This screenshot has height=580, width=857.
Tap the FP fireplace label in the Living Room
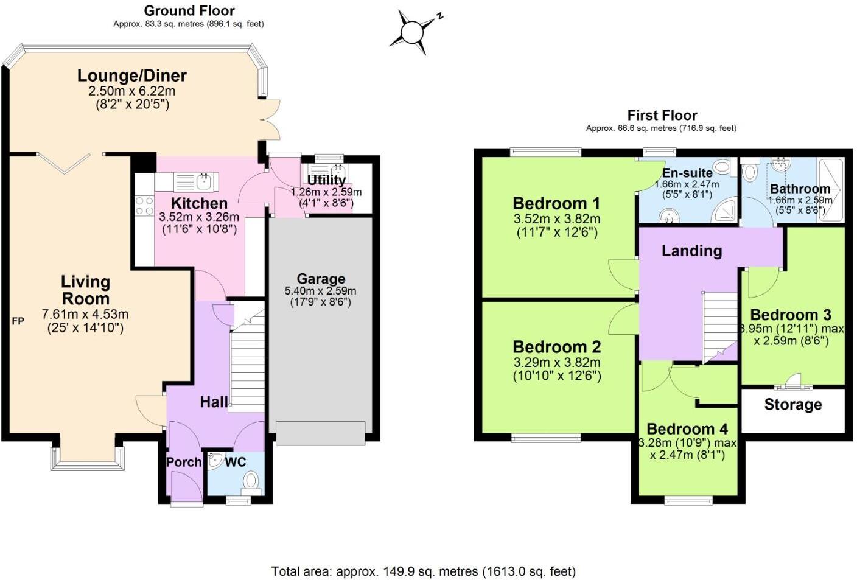pyautogui.click(x=18, y=321)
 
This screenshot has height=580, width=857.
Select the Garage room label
pyautogui.click(x=321, y=279)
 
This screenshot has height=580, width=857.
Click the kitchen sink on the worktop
pyautogui.click(x=203, y=181)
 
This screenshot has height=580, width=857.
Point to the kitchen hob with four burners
pyautogui.click(x=144, y=205)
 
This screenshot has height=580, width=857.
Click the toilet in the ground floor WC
pyautogui.click(x=251, y=483)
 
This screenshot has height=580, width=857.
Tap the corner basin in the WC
pyautogui.click(x=214, y=461)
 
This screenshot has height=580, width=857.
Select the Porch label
pyautogui.click(x=183, y=462)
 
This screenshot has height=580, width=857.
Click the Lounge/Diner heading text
pyautogui.click(x=131, y=75)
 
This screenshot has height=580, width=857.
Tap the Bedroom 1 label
pyautogui.click(x=556, y=203)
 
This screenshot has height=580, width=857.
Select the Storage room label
pyautogui.click(x=792, y=405)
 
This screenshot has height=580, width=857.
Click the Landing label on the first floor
pyautogui.click(x=691, y=250)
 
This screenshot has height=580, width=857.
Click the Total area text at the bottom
pyautogui.click(x=423, y=571)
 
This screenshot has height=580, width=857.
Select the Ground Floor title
pyautogui.click(x=189, y=10)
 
